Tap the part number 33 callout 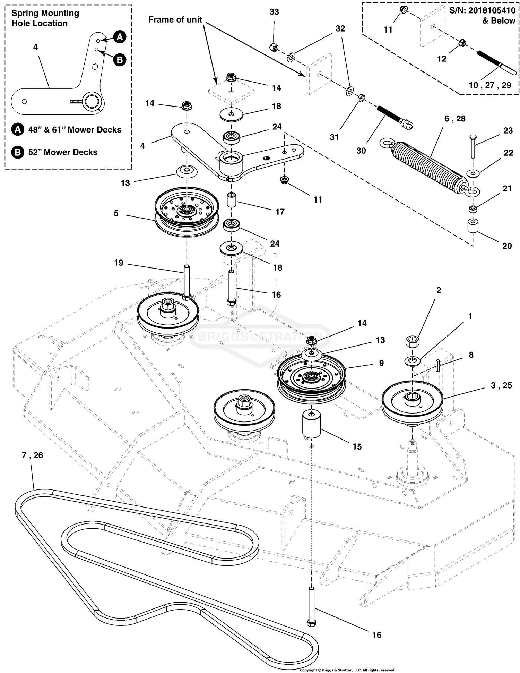click(274, 12)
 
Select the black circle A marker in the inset click(120, 37)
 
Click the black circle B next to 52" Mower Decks click(18, 152)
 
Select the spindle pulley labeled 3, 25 click(412, 402)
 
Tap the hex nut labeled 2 click(412, 341)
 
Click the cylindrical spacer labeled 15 click(311, 424)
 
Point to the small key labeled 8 click(438, 365)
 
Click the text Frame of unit click(175, 20)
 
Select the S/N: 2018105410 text click(482, 11)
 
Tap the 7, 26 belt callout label click(33, 455)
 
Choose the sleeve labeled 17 click(231, 201)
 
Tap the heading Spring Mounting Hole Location click(45, 18)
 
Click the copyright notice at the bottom click(347, 670)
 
